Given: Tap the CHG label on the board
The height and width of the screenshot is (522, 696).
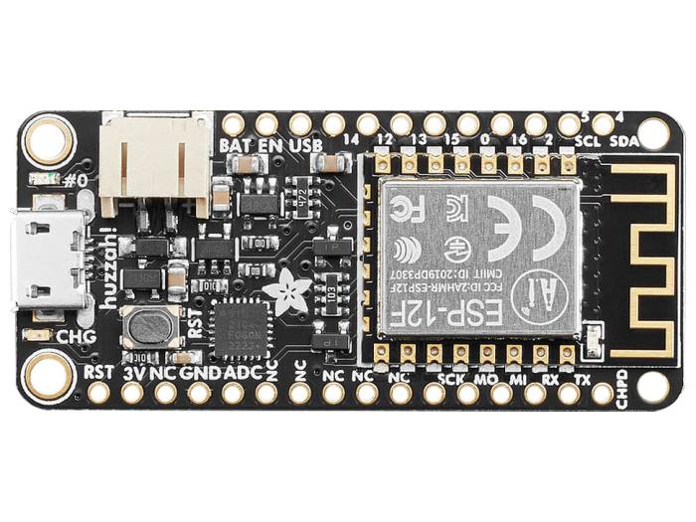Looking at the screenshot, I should coord(76,336).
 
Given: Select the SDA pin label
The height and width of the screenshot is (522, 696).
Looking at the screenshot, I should coord(624,141).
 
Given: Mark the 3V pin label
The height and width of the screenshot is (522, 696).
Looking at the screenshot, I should coord(132,373).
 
